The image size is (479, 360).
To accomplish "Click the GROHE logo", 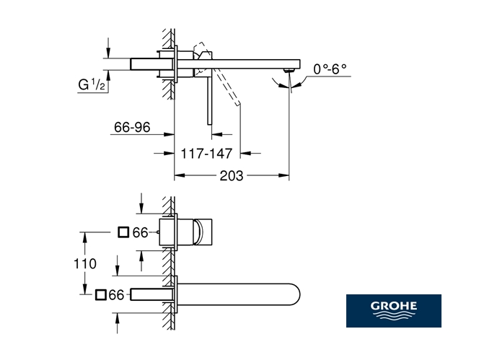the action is pos(393,310).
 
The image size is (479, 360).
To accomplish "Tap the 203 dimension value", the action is pos(232,176).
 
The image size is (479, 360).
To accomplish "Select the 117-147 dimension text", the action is pos(206,154).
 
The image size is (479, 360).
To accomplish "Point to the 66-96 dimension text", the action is pos(132,127).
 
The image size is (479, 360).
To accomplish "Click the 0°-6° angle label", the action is pos(330,69).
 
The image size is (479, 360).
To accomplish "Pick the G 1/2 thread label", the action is pos(92,84).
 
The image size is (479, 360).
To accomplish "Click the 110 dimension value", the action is pos(85,263).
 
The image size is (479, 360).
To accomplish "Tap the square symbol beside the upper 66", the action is pos(123,232).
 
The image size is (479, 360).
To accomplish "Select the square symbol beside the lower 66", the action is pos(100,295).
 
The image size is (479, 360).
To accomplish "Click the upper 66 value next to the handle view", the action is pos(140,232).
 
